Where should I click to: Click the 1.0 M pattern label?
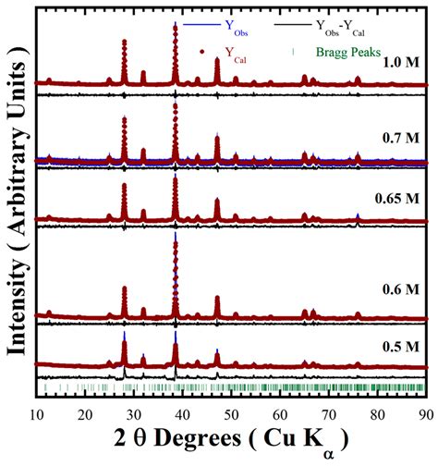[x=401, y=63]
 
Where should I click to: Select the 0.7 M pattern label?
[x=401, y=138]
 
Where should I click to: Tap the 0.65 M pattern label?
[x=397, y=198]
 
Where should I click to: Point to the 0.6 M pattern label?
[x=401, y=289]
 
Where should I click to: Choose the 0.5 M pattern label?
[x=401, y=347]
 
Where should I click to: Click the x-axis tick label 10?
[x=36, y=415]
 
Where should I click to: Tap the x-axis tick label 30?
[x=134, y=415]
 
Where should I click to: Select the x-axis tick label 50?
[x=231, y=415]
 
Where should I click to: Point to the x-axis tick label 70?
[x=329, y=415]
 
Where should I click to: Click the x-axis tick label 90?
[x=426, y=415]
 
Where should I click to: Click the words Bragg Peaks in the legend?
[x=348, y=53]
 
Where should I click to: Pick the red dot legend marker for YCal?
[x=202, y=52]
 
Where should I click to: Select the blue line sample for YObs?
[x=201, y=24]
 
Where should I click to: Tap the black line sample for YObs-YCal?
[x=293, y=24]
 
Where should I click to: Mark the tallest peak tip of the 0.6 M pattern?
[x=176, y=232]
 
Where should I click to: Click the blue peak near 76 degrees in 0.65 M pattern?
[x=358, y=215]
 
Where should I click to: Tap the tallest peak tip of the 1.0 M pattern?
[x=176, y=22]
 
